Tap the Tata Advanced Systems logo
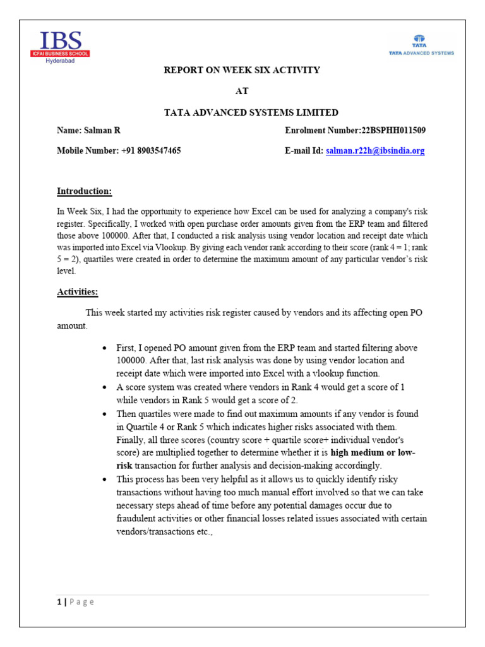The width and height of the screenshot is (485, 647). [x=421, y=46]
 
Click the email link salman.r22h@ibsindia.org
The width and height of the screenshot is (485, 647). [x=375, y=151]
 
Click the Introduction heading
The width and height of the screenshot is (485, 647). [x=85, y=191]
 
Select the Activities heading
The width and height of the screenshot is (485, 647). [x=78, y=292]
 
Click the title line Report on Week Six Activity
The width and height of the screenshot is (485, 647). [x=242, y=70]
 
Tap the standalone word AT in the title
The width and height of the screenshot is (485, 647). [x=242, y=92]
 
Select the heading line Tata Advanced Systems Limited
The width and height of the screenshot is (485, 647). [x=242, y=112]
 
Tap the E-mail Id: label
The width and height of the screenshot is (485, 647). [x=304, y=151]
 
